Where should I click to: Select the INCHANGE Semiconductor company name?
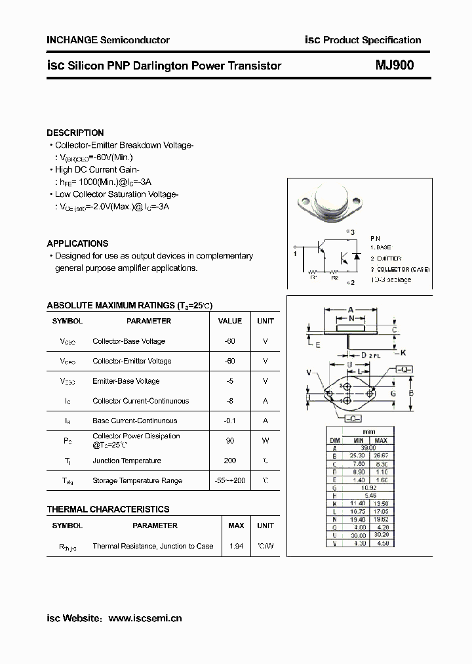108,40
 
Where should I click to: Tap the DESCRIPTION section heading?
75,133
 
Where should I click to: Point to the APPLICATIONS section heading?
77,243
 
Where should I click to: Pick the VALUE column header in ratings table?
229,321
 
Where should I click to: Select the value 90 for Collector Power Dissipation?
229,441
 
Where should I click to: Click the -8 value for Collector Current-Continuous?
229,401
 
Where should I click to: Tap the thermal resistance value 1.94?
235,546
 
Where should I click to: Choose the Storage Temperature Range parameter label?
137,481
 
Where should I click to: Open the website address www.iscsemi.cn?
144,618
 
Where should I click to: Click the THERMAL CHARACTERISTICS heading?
108,509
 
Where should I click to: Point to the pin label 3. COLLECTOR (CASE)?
399,269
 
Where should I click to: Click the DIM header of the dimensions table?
334,440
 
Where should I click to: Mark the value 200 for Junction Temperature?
229,461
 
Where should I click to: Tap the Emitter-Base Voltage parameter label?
126,381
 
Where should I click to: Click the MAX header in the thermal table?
235,526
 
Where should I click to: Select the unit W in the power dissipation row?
265,441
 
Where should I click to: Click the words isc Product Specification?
363,40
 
